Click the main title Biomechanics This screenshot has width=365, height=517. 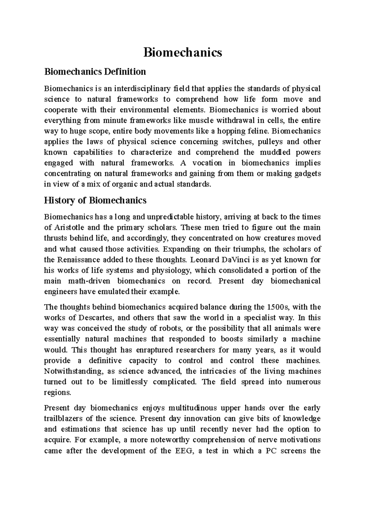(182, 52)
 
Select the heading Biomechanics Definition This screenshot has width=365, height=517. (95, 72)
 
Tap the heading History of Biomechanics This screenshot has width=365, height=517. (95, 200)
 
